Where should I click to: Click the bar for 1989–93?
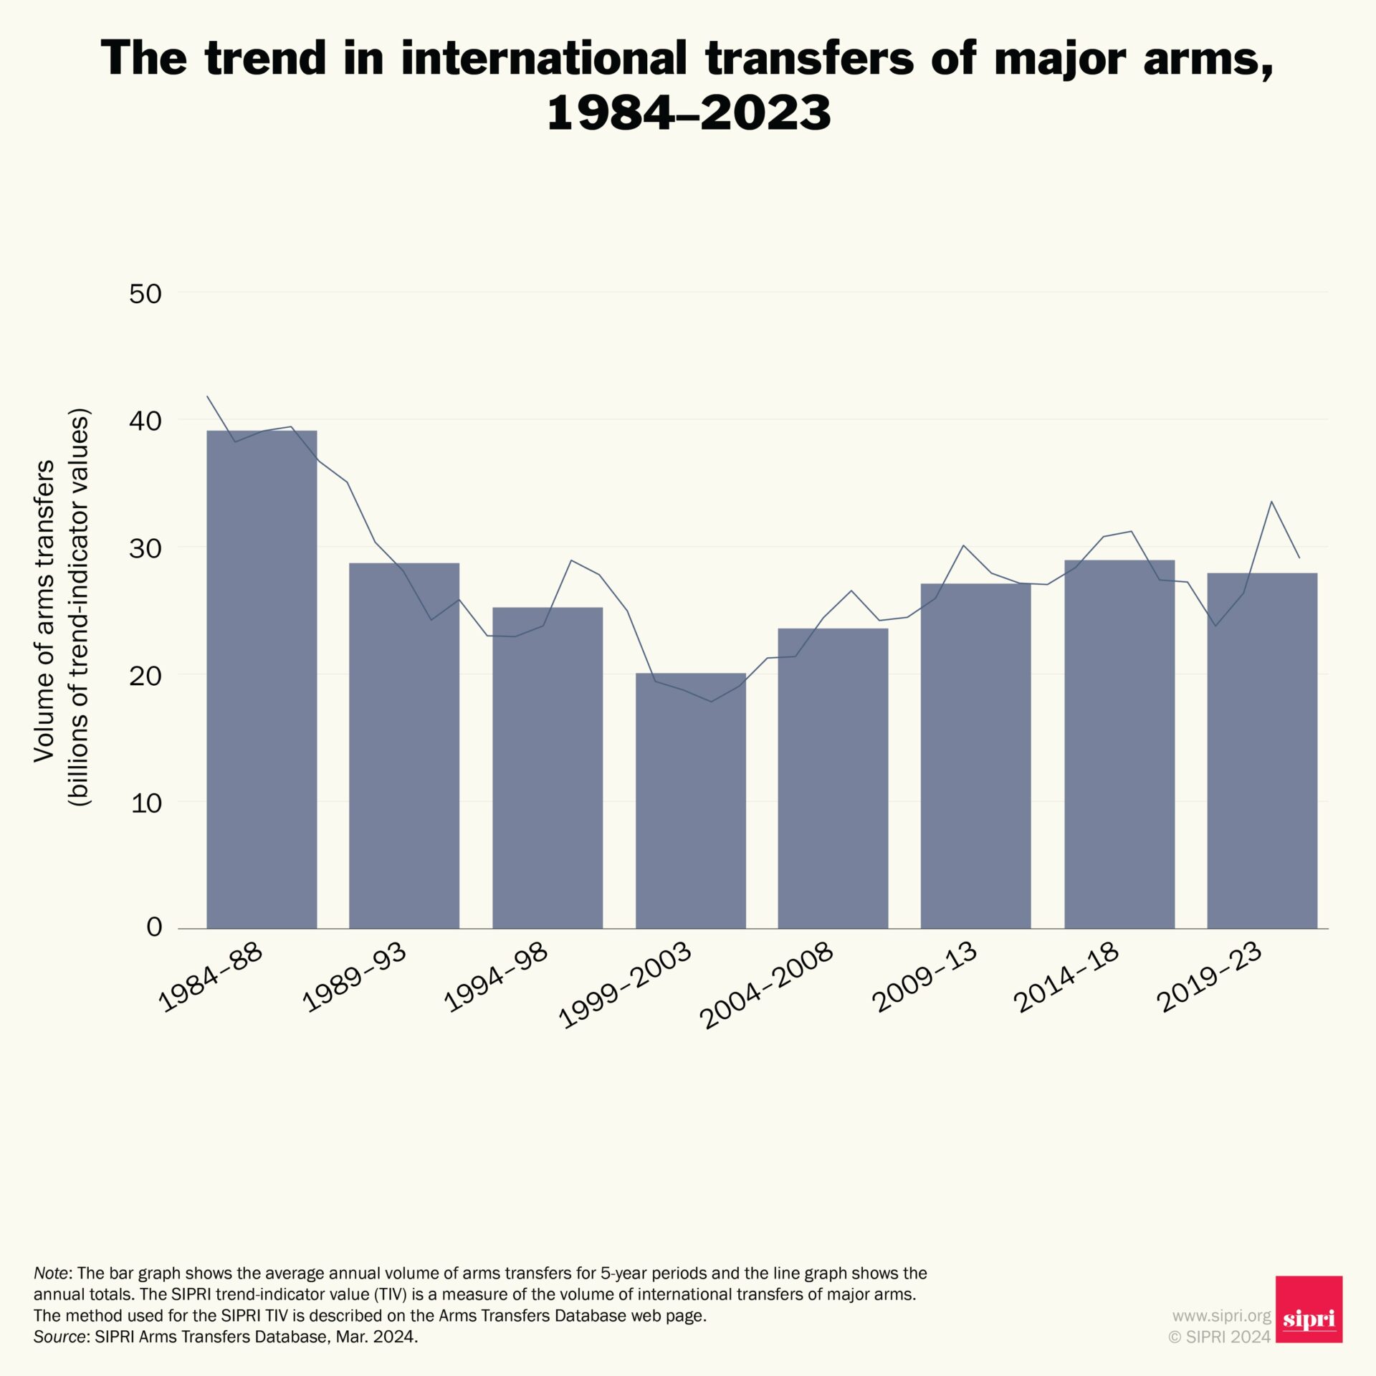[x=404, y=745]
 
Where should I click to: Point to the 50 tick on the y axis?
[x=145, y=294]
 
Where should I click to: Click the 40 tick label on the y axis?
[x=145, y=421]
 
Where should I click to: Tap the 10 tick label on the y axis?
[x=145, y=803]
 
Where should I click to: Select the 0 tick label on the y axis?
[x=154, y=927]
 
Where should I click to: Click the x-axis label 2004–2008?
[x=767, y=985]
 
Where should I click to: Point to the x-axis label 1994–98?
[x=496, y=978]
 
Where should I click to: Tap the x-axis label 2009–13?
[x=924, y=978]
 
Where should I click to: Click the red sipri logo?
[x=1309, y=1309]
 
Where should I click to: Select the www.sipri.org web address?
[x=1221, y=1316]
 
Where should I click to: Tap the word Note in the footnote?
[x=51, y=1274]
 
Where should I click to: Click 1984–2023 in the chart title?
[x=688, y=113]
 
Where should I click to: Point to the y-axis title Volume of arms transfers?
[x=44, y=611]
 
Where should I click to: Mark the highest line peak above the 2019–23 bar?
[x=1271, y=502]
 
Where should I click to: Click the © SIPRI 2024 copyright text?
[x=1219, y=1337]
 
